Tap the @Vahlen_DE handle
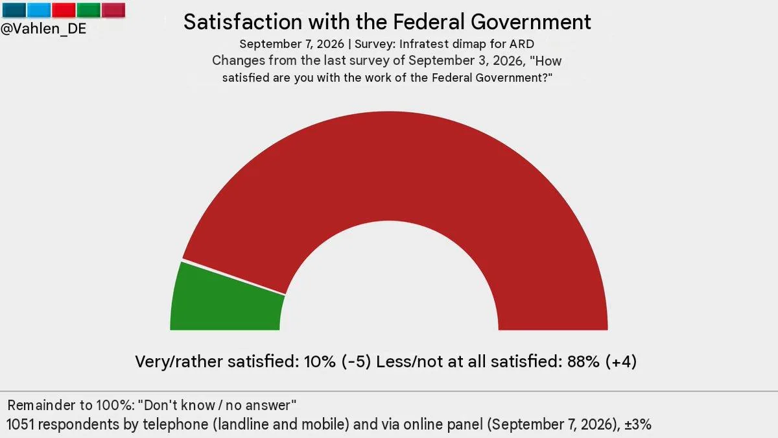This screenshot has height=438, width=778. coord(43,29)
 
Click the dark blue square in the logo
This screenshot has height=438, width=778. coord(14,10)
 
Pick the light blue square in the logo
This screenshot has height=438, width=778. coord(39,10)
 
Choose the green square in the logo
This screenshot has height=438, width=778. coord(89,10)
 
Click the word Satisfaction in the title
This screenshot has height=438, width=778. coord(242,22)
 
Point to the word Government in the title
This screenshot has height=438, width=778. coord(531,22)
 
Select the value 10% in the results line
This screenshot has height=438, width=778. coord(320,361)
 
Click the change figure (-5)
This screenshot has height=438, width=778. coord(357,361)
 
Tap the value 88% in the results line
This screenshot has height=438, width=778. coord(583,361)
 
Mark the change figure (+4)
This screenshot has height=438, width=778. coord(621,361)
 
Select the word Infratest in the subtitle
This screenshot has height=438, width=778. coord(420,44)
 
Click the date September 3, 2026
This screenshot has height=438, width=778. coord(466,61)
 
